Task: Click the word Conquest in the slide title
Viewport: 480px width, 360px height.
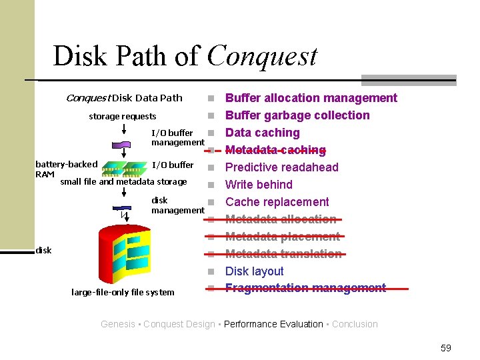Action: [x=262, y=56]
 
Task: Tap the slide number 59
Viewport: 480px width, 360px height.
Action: [x=446, y=348]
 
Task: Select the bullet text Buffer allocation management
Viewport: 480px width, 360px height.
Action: [x=311, y=98]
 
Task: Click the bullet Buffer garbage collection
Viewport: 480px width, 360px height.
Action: [x=297, y=115]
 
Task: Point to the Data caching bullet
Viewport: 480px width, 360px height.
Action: [x=263, y=133]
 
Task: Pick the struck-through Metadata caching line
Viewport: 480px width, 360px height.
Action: [x=275, y=150]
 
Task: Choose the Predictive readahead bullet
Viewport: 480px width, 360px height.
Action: [x=282, y=167]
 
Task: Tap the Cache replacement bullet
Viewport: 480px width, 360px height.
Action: [x=277, y=202]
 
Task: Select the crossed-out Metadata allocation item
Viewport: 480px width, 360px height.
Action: [x=281, y=219]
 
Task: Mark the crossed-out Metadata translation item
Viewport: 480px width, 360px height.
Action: [x=283, y=254]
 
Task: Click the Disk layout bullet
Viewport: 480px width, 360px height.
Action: [x=255, y=271]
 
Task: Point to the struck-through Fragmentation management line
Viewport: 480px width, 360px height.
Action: [x=305, y=288]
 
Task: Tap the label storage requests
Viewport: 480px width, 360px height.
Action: [x=123, y=117]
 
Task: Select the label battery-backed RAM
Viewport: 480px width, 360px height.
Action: [x=66, y=169]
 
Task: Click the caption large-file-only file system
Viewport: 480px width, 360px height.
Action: [x=123, y=292]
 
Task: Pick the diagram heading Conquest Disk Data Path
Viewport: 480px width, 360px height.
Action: [x=124, y=98]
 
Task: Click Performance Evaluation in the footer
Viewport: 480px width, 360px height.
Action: [x=273, y=324]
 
